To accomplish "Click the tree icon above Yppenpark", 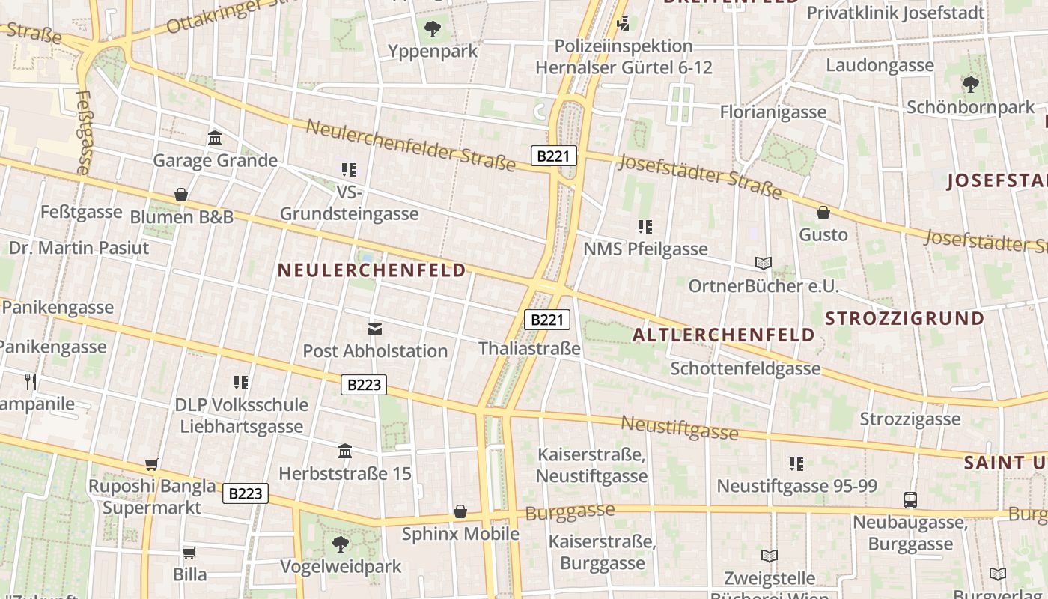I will (x=432, y=30).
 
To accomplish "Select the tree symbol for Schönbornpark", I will (x=970, y=85).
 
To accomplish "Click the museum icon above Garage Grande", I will (x=215, y=139).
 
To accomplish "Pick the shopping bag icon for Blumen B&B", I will (x=181, y=195).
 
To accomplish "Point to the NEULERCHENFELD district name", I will (x=371, y=270).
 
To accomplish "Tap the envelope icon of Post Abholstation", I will (x=375, y=329).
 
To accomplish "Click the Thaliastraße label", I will (x=529, y=348).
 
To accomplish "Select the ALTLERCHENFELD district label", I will (x=723, y=335).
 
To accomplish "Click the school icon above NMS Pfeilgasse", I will (x=645, y=226).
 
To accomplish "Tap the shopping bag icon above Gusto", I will (x=823, y=213).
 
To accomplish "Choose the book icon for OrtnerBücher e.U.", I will (x=764, y=264).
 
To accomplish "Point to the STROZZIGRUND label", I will (x=904, y=318).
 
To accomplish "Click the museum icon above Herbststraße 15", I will (x=345, y=451).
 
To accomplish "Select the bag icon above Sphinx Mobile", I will (x=460, y=511).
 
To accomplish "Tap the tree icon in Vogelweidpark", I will (x=341, y=544).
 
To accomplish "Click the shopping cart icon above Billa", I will (x=189, y=553).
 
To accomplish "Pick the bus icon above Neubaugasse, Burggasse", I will (x=910, y=499).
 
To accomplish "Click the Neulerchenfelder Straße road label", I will (x=410, y=144).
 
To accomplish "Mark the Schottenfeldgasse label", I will (x=746, y=368).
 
